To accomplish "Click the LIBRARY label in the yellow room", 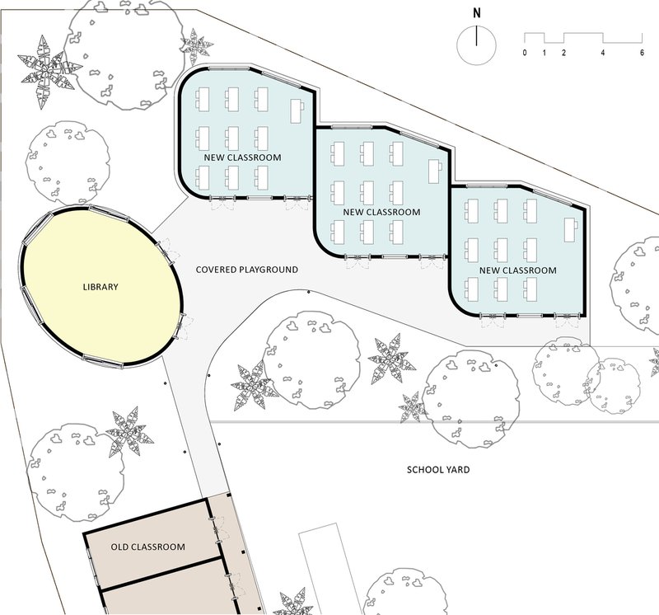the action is coord(100,287).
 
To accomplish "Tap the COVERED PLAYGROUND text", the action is coord(247,270).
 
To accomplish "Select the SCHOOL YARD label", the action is coord(438,469).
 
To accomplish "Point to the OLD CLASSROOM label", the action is coord(148,547).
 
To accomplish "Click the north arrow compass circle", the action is coord(477,45).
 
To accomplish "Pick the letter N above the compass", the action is coord(477,13).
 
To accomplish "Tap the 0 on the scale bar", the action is coord(525,53).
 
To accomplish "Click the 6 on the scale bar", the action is coord(642,53).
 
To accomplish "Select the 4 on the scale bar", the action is coord(603,53).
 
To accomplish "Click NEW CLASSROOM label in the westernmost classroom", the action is coord(242,157).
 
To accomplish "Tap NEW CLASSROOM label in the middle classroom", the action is coord(381,212).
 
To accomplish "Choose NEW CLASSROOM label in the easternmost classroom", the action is coord(518,270).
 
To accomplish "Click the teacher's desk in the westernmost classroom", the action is coord(297,110).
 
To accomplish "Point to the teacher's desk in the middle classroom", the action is coord(436,171).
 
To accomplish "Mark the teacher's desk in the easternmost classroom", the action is coord(570,230).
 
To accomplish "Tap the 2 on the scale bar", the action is coord(563,53).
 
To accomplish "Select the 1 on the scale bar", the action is coord(544,53).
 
